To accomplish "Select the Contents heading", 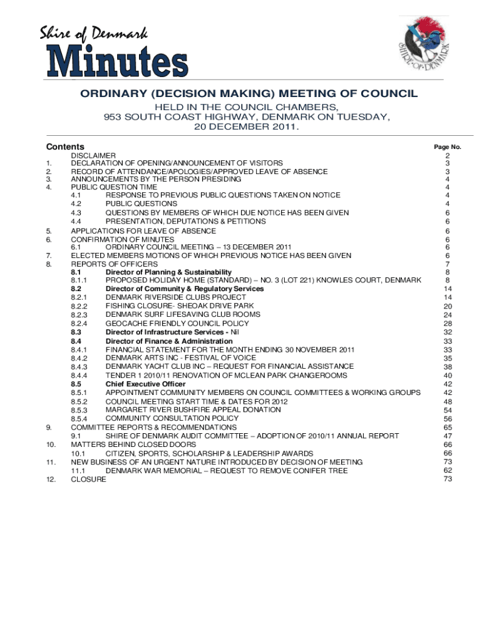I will click(66, 146).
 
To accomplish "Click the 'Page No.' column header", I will click(448, 146).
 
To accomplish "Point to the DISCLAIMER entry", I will click(93, 155).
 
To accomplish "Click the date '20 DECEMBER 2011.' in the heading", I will click(247, 127).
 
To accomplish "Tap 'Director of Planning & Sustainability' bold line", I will click(168, 272).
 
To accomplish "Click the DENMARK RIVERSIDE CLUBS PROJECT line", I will click(176, 297).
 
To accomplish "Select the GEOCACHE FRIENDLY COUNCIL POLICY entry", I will click(177, 324).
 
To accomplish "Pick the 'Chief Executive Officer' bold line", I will click(145, 384).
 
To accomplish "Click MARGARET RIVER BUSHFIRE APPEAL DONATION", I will click(193, 409).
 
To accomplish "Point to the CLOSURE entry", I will click(88, 479).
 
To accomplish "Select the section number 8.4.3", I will click(79, 367).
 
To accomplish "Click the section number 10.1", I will click(78, 453).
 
